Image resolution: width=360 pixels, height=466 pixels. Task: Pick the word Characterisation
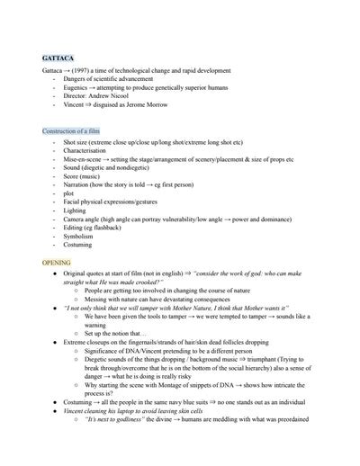tap(85, 150)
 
